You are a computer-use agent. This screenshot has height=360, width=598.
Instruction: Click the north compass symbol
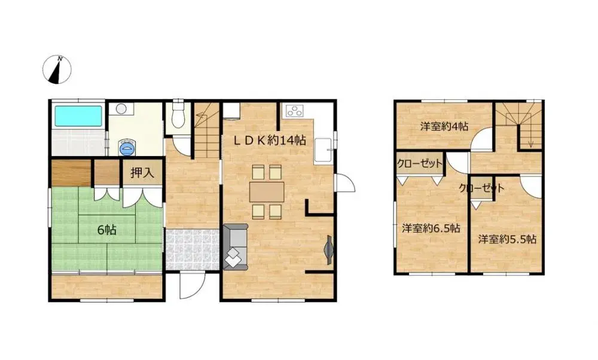click(59, 70)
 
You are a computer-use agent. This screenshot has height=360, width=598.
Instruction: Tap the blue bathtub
click(78, 115)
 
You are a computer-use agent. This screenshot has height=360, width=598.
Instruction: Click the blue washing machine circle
click(127, 148)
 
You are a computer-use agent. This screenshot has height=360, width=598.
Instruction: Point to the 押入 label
click(142, 173)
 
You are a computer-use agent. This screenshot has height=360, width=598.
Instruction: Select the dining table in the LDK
click(267, 191)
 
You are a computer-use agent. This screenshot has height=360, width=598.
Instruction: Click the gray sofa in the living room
click(234, 246)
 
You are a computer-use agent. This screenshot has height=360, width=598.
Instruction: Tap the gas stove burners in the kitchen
click(295, 111)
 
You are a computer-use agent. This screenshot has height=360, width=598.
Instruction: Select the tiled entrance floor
click(191, 248)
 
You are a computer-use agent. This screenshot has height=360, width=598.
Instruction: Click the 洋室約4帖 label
click(444, 126)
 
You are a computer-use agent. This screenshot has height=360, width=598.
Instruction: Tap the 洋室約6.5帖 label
click(431, 228)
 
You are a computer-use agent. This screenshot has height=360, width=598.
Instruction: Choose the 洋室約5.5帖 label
click(507, 239)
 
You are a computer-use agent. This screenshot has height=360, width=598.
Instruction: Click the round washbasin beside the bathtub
click(121, 109)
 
